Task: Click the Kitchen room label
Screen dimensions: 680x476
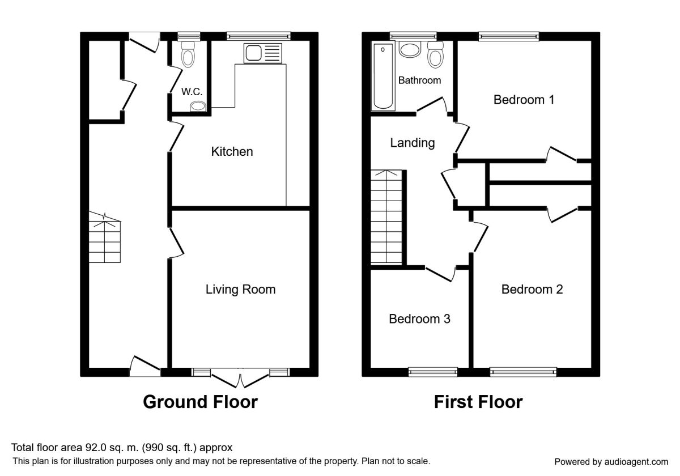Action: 232,151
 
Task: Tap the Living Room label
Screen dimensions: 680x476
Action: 240,290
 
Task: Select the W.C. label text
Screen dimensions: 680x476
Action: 192,92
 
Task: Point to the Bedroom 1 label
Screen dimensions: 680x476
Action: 524,100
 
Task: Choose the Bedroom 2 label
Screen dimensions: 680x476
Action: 532,290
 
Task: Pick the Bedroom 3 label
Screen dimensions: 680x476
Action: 419,318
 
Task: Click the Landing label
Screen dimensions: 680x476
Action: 413,143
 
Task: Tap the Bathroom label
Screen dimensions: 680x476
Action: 419,80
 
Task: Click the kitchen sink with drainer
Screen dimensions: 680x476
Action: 262,53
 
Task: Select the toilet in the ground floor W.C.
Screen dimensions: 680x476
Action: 188,54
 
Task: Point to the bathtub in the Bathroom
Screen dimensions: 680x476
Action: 383,76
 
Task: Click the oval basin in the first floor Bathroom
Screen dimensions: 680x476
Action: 410,49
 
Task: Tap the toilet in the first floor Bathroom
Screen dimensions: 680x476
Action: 436,54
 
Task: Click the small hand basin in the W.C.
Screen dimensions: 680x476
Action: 198,107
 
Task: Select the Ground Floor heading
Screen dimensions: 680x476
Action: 201,402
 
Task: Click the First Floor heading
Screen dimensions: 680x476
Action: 478,402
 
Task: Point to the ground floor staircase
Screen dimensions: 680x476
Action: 105,237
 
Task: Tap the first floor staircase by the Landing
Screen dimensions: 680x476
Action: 386,216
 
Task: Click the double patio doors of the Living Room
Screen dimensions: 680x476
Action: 240,379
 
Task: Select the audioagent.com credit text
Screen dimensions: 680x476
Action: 611,462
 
